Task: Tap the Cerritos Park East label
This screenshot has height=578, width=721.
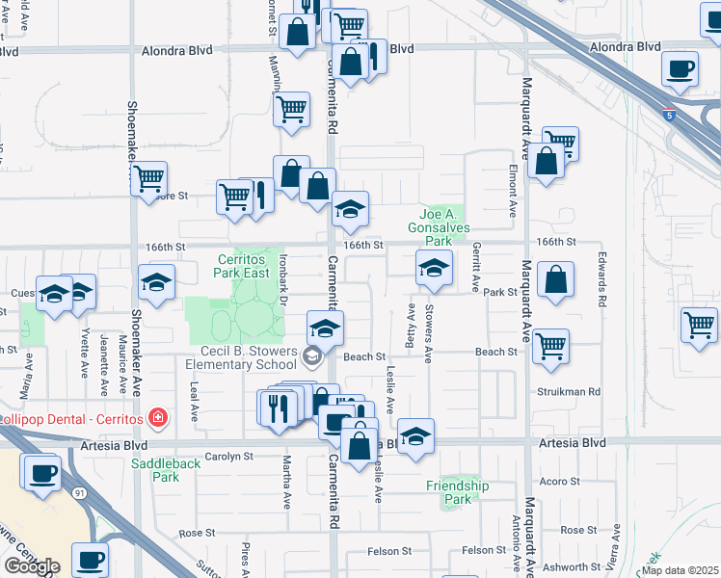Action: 240,266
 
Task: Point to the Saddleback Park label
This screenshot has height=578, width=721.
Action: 155,469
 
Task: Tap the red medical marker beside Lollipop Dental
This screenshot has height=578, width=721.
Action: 157,418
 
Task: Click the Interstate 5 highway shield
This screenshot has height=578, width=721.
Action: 669,117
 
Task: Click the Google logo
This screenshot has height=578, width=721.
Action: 31,566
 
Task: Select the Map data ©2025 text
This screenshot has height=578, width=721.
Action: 681,570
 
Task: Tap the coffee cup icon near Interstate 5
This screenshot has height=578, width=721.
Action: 681,69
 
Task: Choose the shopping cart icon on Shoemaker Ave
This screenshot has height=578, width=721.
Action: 148,177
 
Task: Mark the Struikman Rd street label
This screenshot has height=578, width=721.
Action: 569,392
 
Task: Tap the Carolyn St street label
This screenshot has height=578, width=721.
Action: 227,457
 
